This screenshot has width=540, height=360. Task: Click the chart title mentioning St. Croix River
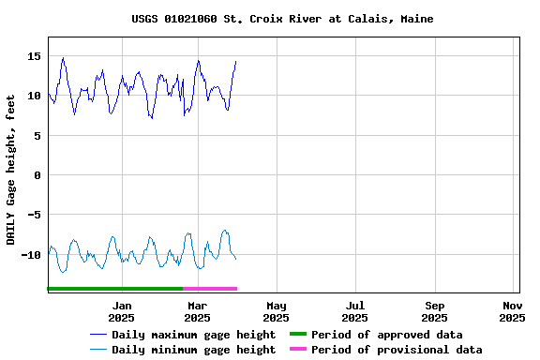tap(282, 19)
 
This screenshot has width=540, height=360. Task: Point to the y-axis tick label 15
tap(34, 56)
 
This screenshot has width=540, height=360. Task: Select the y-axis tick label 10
tap(34, 96)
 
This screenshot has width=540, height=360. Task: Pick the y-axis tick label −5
tap(34, 215)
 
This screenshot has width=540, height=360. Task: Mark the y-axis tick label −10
tap(30, 255)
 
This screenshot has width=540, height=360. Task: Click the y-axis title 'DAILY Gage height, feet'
tap(11, 170)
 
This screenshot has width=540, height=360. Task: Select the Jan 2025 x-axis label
tap(122, 311)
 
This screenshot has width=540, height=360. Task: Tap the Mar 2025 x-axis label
tap(197, 311)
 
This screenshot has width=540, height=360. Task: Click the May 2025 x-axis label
tap(277, 311)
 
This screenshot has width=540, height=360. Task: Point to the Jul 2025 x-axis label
tap(355, 311)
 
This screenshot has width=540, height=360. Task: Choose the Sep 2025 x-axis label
tap(435, 311)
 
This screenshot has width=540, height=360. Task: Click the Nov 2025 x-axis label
tap(512, 311)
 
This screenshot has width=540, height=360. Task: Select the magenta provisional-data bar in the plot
tap(210, 289)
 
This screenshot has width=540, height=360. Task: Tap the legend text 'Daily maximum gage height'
tap(193, 335)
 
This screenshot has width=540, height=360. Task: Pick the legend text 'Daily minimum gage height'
tap(193, 350)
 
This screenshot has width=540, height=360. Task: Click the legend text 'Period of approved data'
tap(386, 335)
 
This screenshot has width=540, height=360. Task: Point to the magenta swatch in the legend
tap(297, 350)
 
